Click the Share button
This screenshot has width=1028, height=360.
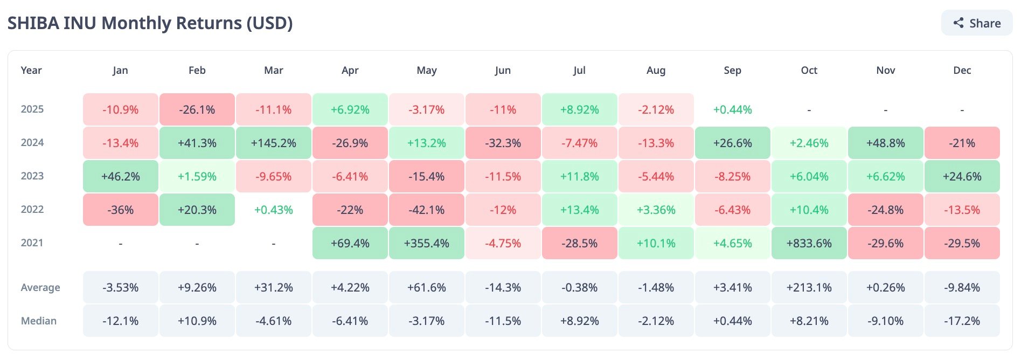pos(977,23)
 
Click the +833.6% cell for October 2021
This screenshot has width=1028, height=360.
pos(809,243)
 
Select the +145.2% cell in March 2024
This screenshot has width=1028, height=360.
pos(274,143)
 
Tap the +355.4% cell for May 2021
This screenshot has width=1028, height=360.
pos(427,243)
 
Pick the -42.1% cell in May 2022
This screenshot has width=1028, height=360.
pos(427,210)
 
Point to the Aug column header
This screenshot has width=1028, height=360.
pos(656,70)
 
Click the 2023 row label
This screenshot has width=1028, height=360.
pos(32,176)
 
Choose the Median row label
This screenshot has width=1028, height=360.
pos(39,321)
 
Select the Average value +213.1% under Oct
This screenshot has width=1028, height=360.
pos(809,287)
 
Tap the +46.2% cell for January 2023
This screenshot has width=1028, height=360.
pos(121,176)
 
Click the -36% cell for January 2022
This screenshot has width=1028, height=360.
pos(121,210)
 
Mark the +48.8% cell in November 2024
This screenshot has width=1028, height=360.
pos(885,143)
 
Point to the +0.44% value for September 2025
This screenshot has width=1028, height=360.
pos(732,109)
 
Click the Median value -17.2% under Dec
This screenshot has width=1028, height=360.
pos(962,321)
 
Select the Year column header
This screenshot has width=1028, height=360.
pos(31,70)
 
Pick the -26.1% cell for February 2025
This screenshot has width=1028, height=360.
pos(197,109)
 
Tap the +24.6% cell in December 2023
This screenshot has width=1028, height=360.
pos(962,176)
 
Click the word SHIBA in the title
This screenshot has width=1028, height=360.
pos(33,23)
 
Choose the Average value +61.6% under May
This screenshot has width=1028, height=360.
pos(427,287)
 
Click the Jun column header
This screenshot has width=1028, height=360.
pos(503,70)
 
